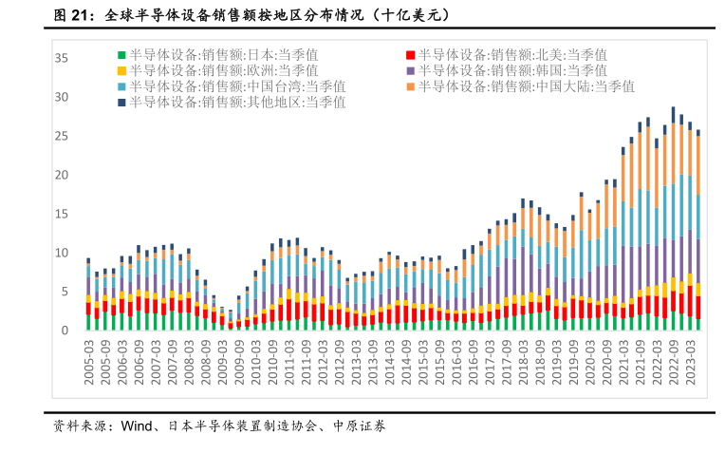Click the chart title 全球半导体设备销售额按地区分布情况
pos(218,16)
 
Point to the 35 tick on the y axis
pos(61,58)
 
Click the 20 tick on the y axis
pos(61,175)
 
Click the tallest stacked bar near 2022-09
pos(673,218)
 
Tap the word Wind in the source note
pos(136,426)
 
